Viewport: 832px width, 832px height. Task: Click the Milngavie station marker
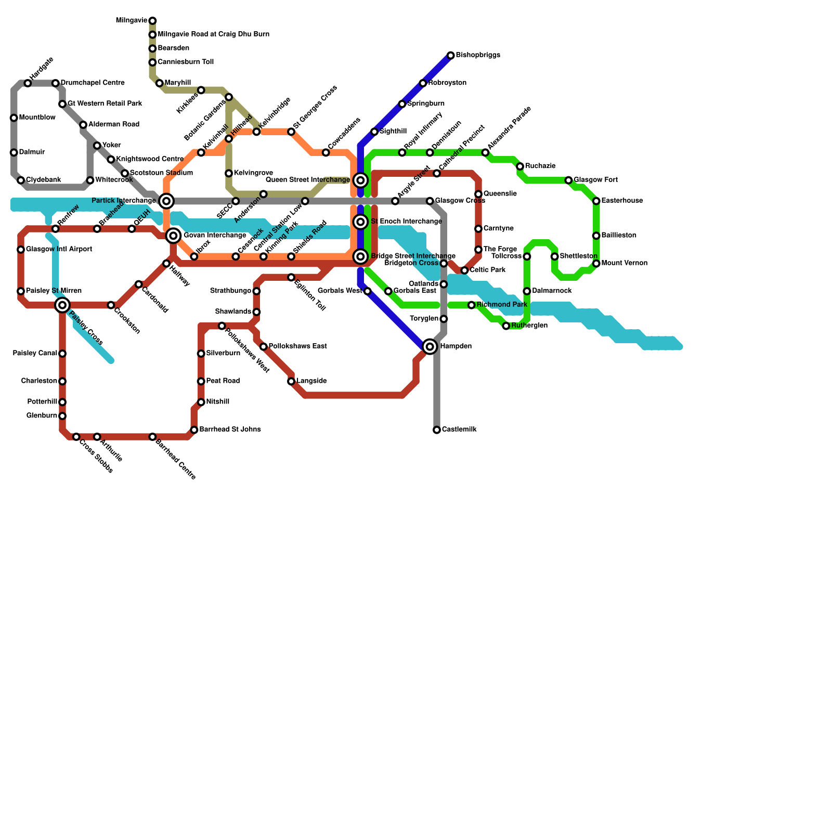click(x=152, y=21)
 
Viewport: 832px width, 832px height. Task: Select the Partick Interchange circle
click(x=166, y=201)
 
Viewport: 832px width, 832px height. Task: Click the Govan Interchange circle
click(x=174, y=236)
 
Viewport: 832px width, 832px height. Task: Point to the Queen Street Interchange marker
click(x=360, y=180)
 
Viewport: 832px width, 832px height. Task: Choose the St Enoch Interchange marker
click(x=360, y=222)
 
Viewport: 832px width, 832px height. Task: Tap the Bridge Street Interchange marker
click(x=360, y=256)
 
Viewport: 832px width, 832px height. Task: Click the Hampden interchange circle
click(x=430, y=346)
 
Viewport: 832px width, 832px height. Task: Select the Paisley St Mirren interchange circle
click(x=62, y=305)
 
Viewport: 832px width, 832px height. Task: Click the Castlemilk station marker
click(x=437, y=430)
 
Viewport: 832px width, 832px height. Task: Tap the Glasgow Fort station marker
click(x=568, y=180)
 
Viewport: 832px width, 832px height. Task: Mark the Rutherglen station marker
click(x=506, y=326)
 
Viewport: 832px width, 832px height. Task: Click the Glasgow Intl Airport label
click(x=59, y=250)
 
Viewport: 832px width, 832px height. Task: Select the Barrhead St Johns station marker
click(x=194, y=430)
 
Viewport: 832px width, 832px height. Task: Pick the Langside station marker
click(x=291, y=382)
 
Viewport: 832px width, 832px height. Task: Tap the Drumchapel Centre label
click(x=93, y=83)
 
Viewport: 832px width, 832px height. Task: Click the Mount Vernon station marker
click(x=596, y=264)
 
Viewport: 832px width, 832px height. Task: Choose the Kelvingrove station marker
click(x=229, y=173)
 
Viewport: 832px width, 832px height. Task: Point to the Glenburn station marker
click(x=62, y=416)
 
